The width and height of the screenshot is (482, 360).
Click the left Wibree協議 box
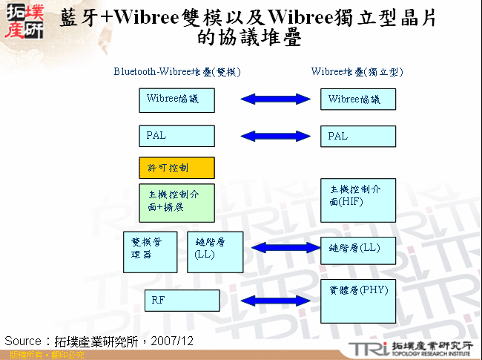(x=176, y=100)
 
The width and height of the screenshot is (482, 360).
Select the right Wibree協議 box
(x=358, y=99)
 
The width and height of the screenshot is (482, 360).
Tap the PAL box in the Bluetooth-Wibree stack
(x=176, y=136)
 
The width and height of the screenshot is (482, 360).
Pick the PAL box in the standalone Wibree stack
(x=358, y=137)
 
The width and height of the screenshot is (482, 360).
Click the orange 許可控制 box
(x=176, y=168)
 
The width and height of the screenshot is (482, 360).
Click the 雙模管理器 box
(x=150, y=252)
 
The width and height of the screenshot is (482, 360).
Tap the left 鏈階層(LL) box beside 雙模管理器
(x=215, y=252)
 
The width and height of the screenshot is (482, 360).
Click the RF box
(x=182, y=301)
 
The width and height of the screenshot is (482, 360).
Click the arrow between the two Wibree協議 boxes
(x=275, y=99)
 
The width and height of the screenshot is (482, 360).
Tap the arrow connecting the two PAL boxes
(x=275, y=136)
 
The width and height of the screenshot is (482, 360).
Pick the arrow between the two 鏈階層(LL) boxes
(x=285, y=248)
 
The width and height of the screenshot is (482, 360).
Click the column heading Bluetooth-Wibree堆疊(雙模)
(x=177, y=72)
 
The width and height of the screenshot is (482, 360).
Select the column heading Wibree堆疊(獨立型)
(x=357, y=72)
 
